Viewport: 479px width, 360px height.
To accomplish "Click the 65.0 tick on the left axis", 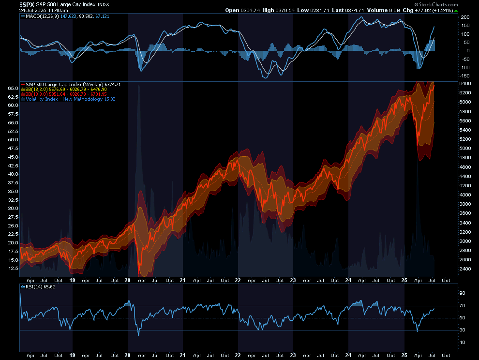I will (x=13, y=89).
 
